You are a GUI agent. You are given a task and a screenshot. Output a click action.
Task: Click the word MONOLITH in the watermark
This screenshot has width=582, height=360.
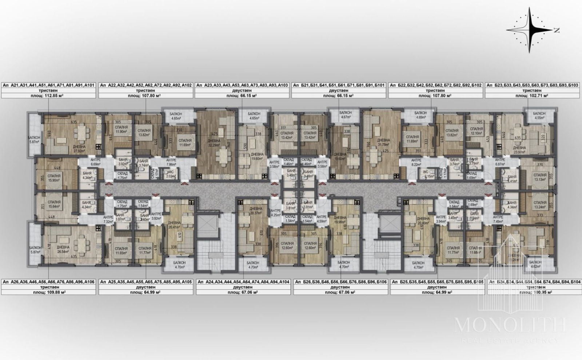[x=510, y=325]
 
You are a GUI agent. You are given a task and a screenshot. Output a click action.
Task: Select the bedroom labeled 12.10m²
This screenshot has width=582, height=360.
[x=476, y=131]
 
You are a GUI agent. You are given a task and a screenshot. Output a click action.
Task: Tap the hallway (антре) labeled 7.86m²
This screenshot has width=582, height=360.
[x=171, y=162]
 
